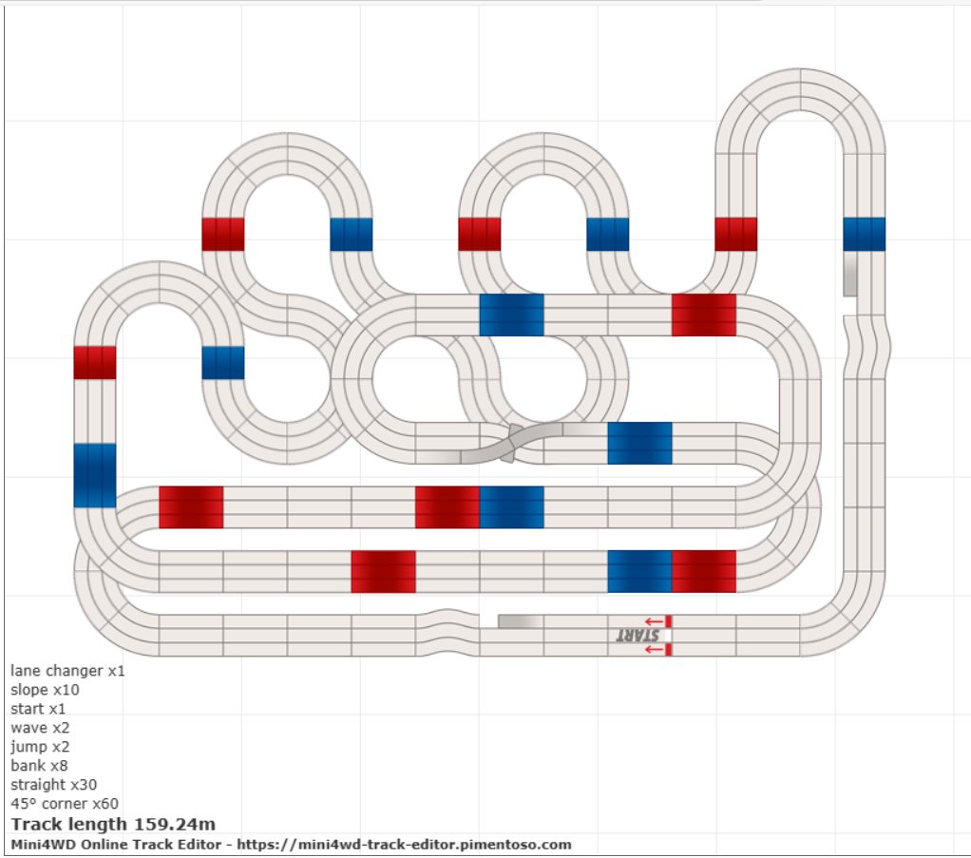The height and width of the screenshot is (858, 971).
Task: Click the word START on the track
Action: [638, 636]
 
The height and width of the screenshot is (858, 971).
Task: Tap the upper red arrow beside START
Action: [654, 621]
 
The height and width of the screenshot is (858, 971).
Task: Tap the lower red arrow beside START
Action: [654, 649]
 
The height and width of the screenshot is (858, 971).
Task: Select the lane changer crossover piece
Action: [511, 444]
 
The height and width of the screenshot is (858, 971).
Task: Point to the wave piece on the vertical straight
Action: [866, 347]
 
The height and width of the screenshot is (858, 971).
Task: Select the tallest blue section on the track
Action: [95, 475]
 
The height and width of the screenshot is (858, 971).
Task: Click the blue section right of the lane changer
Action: [639, 444]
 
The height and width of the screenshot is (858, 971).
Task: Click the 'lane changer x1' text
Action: [67, 671]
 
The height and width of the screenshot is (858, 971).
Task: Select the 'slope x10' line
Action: [45, 690]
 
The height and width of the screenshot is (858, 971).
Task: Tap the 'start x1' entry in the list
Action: [38, 709]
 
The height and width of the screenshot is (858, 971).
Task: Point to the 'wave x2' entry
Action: [40, 728]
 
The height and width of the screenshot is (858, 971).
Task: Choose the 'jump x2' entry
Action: [40, 747]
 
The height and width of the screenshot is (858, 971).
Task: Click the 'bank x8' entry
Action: [39, 766]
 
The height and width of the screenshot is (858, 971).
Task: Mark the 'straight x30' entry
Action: [53, 785]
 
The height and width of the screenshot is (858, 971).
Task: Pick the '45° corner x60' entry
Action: [65, 804]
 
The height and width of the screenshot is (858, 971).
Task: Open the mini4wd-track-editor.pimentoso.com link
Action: [404, 845]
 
